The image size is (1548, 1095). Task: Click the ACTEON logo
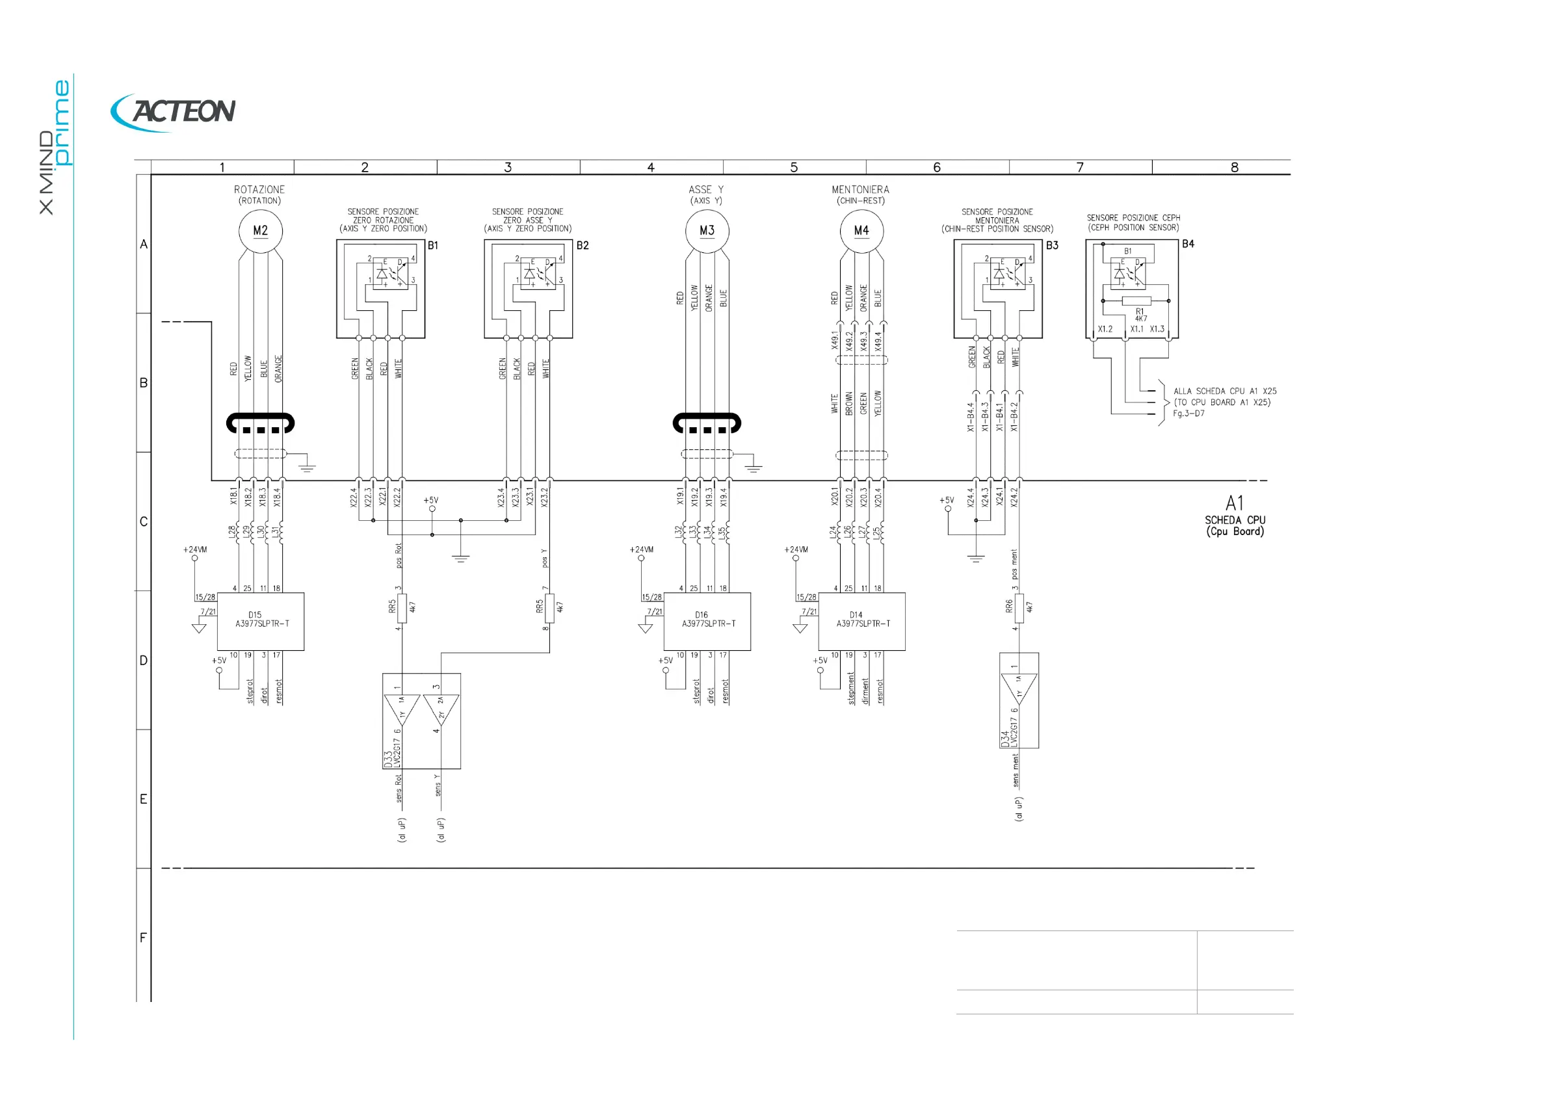click(174, 112)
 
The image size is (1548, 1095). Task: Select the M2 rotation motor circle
click(260, 231)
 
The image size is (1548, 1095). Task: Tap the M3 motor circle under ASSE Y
click(707, 231)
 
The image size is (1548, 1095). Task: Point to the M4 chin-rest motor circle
click(861, 231)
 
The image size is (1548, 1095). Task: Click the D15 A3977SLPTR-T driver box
click(260, 621)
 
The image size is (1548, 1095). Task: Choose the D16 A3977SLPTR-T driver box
click(707, 621)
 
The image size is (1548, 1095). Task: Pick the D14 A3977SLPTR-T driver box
click(861, 621)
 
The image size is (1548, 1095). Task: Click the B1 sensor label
click(433, 245)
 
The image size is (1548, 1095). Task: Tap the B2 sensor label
click(583, 245)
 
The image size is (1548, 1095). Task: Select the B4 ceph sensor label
click(1188, 244)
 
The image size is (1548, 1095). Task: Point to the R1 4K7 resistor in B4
click(1136, 300)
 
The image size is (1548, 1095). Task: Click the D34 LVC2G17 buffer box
click(1019, 700)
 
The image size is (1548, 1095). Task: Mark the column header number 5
click(794, 167)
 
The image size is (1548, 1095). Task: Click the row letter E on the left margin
click(143, 799)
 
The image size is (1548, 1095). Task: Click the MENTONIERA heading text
click(860, 190)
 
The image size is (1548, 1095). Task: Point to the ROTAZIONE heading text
click(259, 190)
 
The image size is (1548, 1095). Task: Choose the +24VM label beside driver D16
click(641, 549)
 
